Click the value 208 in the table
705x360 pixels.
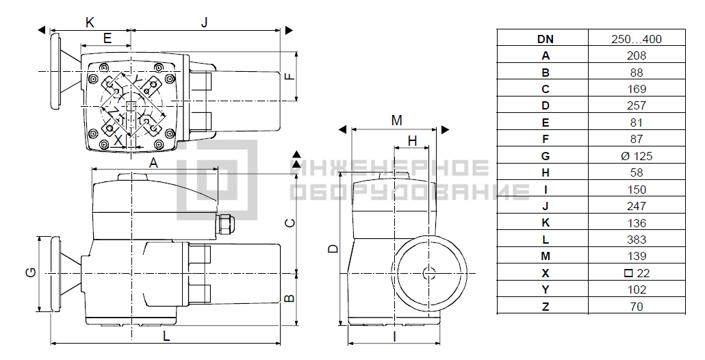coord(636,55)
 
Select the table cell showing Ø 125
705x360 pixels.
coord(636,156)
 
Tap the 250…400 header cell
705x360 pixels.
coord(636,38)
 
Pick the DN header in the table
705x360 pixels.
coord(546,39)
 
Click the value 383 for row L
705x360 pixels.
coord(636,240)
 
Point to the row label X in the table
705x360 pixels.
coord(546,273)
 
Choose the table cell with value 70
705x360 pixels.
coord(636,307)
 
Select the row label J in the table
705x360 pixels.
coord(546,206)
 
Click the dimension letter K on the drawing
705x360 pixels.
coord(90,23)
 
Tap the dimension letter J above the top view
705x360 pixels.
coord(205,23)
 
